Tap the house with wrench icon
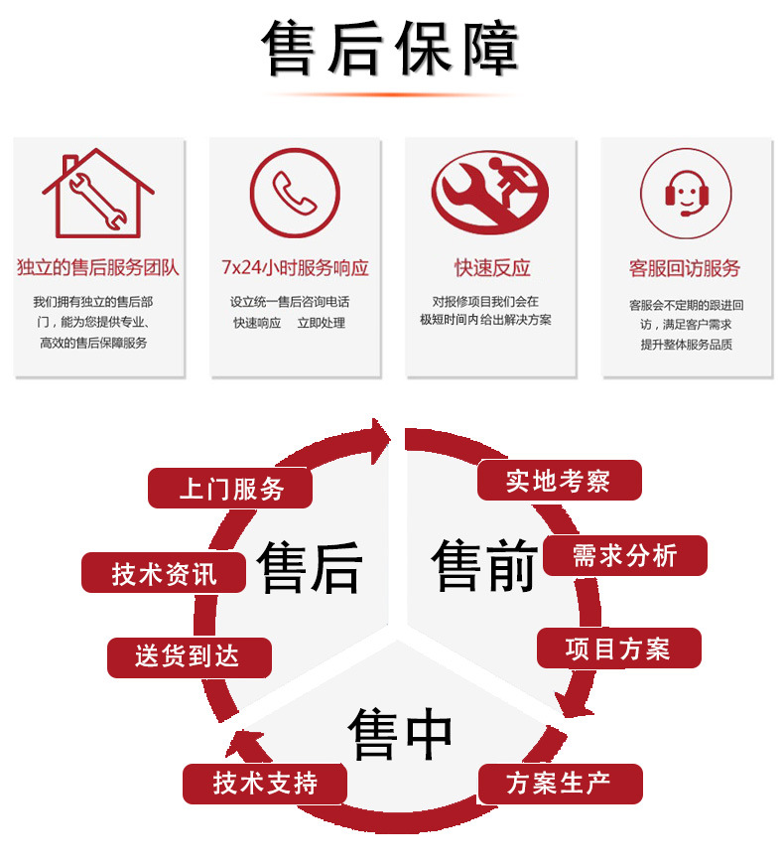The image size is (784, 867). click(x=98, y=193)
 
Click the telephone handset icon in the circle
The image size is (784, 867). click(x=295, y=193)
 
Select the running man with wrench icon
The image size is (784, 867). click(x=490, y=193)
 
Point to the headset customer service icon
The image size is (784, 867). click(x=686, y=194)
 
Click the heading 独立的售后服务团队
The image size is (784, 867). click(x=98, y=267)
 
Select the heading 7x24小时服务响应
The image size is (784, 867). click(x=295, y=268)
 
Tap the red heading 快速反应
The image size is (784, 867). click(x=492, y=268)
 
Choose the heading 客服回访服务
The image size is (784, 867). click(x=685, y=269)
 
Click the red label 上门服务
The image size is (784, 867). click(x=230, y=489)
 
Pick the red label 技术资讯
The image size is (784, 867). click(x=164, y=573)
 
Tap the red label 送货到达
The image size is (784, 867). click(x=189, y=657)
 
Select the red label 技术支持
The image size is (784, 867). click(x=265, y=784)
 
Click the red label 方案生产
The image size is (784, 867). click(x=560, y=784)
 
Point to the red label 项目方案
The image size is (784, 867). click(x=619, y=649)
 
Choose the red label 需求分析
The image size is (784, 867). click(x=625, y=555)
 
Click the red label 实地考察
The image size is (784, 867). click(x=559, y=480)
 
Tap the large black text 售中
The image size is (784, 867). click(x=400, y=733)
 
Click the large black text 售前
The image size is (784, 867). click(x=485, y=565)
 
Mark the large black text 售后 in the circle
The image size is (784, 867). click(x=310, y=567)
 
